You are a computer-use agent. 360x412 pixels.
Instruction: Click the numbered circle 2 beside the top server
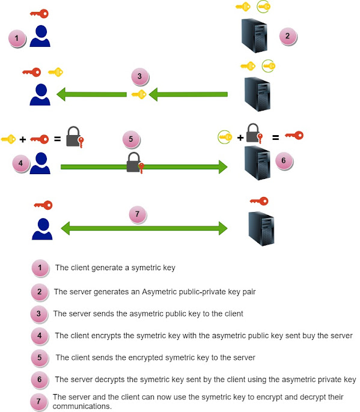(287, 36)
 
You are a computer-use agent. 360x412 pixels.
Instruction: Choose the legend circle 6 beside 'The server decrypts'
(39, 380)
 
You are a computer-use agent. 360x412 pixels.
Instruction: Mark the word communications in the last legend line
(82, 405)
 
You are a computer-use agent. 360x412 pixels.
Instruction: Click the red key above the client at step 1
(39, 13)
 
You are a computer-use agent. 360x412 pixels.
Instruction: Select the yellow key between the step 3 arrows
(139, 94)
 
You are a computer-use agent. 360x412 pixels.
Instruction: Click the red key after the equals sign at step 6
(294, 136)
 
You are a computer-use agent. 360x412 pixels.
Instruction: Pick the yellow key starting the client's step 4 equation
(8, 139)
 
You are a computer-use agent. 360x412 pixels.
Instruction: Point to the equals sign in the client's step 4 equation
(58, 139)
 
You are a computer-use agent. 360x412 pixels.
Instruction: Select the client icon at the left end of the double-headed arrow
(40, 228)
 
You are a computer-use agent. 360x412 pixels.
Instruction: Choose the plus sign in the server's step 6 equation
(240, 138)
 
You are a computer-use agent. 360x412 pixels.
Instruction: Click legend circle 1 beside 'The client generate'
(40, 268)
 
